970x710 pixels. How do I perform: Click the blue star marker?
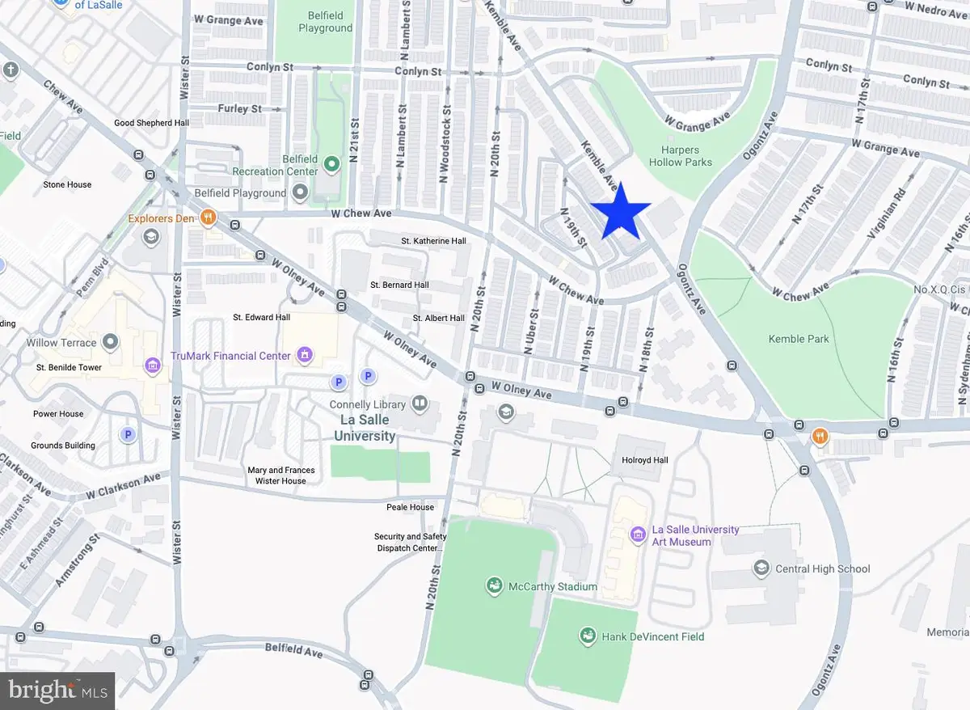(620, 212)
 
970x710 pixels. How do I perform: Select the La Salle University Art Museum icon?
(637, 535)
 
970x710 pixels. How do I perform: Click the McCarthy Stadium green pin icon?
(494, 585)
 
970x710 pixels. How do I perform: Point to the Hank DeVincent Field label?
(652, 636)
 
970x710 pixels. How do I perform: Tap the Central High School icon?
(761, 568)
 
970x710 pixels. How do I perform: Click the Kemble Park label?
(799, 339)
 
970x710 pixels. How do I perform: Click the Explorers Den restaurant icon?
(209, 217)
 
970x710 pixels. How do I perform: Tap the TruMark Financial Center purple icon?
(305, 354)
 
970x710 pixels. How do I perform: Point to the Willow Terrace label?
(61, 342)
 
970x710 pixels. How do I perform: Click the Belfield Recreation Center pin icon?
(331, 165)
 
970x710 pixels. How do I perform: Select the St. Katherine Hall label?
(434, 241)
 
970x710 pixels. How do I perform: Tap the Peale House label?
(410, 507)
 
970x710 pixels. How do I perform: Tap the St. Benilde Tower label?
(69, 367)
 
